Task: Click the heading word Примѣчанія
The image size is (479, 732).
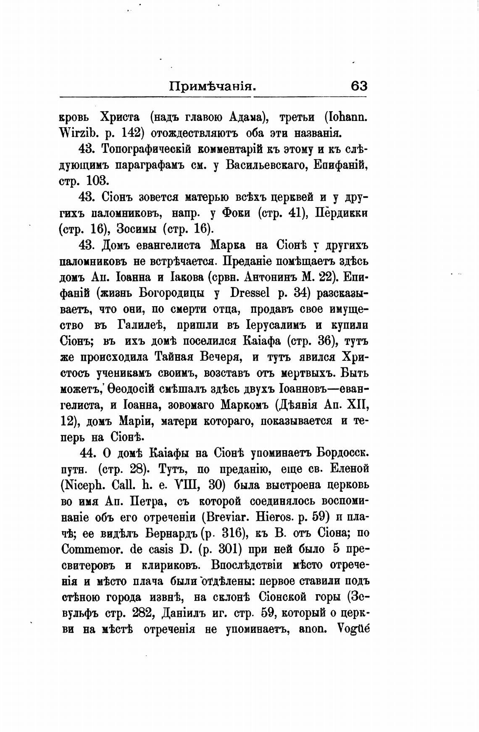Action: pos(213,87)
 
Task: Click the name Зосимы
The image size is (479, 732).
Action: pos(139,229)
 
